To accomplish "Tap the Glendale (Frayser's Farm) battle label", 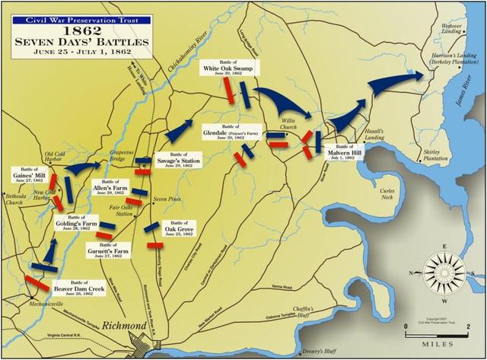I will point(228,131).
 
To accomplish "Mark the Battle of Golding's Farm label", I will point(77,225).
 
